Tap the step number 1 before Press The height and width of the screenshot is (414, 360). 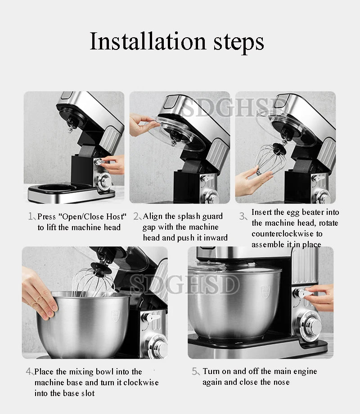[x=31, y=217]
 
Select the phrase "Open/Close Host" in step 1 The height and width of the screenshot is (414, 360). [x=94, y=217]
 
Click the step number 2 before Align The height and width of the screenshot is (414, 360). [x=136, y=217]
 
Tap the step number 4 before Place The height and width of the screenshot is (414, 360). [x=28, y=372]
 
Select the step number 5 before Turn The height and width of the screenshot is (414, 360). [x=195, y=372]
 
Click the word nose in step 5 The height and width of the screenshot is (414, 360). [x=279, y=382]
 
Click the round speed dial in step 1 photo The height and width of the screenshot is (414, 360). [x=105, y=181]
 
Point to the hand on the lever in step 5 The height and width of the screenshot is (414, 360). [x=322, y=297]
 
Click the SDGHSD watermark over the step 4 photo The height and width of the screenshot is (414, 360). [x=184, y=285]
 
